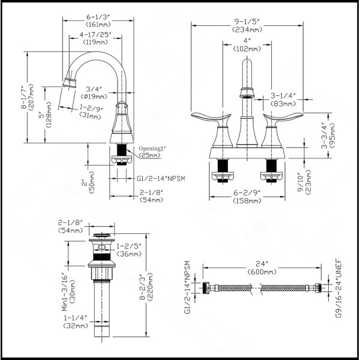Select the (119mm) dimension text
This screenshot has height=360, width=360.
pos(95,42)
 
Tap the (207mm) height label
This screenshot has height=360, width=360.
pos(31,97)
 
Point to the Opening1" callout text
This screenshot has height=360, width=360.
pos(152,149)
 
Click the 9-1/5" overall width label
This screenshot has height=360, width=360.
pos(247,22)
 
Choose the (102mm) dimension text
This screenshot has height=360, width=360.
pos(247,49)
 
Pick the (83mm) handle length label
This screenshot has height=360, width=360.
pos(283,104)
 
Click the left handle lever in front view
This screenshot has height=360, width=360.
pos(211,118)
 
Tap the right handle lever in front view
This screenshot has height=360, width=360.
pos(283,118)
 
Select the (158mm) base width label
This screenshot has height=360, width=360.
pos(247,201)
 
